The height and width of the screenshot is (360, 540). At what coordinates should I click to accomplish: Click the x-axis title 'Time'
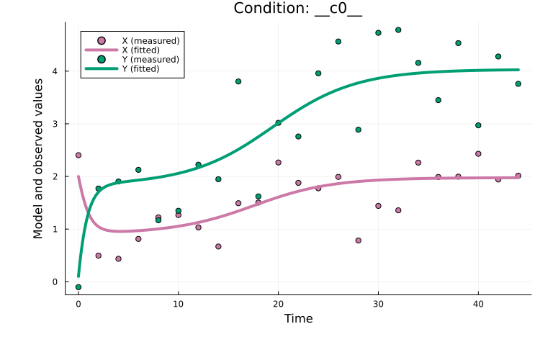[298, 318]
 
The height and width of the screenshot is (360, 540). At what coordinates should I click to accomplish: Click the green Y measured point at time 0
[78, 287]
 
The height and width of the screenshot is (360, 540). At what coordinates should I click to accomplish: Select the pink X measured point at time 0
[78, 155]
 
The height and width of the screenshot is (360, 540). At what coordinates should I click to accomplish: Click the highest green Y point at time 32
[398, 30]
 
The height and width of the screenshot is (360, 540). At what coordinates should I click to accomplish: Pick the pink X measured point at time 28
[358, 240]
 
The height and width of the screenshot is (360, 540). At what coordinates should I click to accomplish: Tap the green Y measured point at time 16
[238, 81]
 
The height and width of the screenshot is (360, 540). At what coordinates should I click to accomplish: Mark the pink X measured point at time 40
[478, 153]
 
